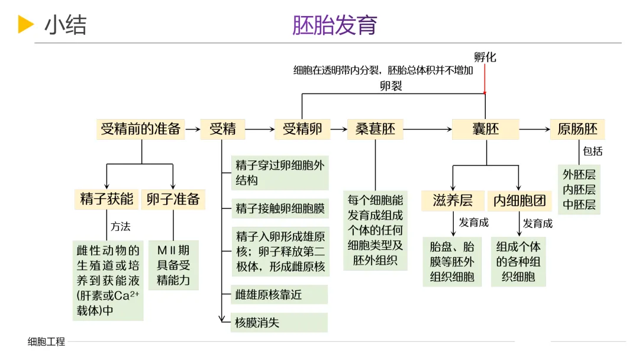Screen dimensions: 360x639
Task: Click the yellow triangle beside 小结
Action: tap(25, 24)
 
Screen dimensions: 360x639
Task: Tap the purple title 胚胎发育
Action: tap(335, 25)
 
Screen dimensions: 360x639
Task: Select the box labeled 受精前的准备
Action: tap(140, 129)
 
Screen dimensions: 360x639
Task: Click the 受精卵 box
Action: tap(302, 129)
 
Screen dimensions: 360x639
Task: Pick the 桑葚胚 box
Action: tap(375, 129)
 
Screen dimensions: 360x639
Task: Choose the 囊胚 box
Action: tap(485, 129)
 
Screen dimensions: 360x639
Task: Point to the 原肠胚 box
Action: tap(577, 129)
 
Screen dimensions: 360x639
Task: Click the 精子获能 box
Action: tap(106, 199)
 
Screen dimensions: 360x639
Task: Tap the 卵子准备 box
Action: tap(173, 199)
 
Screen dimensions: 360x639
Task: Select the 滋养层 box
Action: tap(453, 201)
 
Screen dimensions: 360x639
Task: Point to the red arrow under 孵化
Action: tap(485, 79)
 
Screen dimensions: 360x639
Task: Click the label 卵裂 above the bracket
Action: tap(391, 86)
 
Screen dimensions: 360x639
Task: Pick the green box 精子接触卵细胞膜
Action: tap(280, 208)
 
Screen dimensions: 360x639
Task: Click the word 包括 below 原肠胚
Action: tap(593, 151)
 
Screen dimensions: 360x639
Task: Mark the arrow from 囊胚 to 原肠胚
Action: tap(534, 129)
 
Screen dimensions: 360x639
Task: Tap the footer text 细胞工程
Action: tap(46, 342)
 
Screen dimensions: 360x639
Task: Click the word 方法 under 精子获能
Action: tap(121, 226)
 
